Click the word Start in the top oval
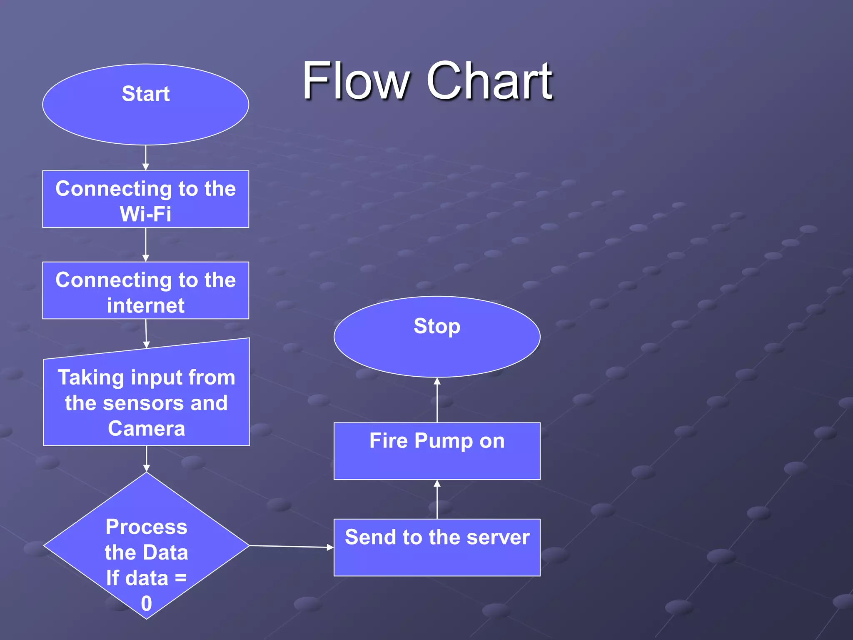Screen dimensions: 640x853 tap(146, 94)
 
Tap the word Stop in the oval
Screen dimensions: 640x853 tap(437, 326)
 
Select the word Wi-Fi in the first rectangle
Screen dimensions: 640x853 tap(146, 214)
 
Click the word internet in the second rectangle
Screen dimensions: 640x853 tap(146, 305)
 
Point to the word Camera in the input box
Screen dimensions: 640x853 tap(147, 428)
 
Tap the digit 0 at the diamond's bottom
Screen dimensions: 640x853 tap(147, 603)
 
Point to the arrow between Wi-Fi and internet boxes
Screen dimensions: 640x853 tap(146, 245)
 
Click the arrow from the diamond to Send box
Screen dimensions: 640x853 tap(292, 546)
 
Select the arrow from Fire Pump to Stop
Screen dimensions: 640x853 tap(437, 400)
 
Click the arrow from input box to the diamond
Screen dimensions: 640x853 tap(147, 459)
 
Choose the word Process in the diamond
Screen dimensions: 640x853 tap(147, 527)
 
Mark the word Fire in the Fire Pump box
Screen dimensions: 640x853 tap(388, 441)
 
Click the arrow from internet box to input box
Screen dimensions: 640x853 tap(146, 333)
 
